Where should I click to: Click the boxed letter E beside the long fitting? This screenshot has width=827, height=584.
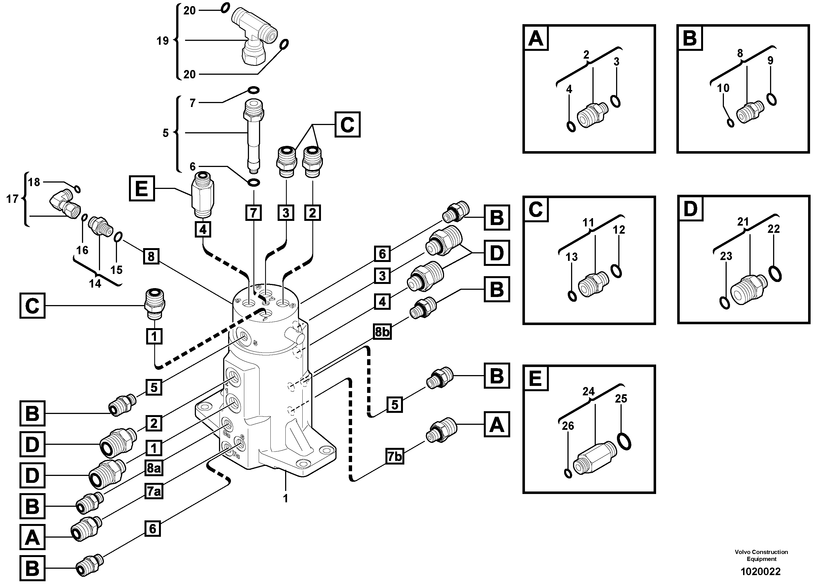click(141, 188)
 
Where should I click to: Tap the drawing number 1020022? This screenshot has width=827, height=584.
click(760, 571)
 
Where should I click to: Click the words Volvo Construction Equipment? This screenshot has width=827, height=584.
click(761, 555)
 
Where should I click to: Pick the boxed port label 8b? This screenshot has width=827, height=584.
click(382, 332)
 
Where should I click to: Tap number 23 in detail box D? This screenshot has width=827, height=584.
click(726, 256)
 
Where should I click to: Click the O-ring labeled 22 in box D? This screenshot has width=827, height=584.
click(775, 274)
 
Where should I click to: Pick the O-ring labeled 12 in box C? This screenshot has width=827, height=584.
click(616, 271)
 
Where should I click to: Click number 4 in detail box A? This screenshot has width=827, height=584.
click(569, 89)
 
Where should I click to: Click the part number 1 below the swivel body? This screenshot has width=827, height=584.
click(285, 499)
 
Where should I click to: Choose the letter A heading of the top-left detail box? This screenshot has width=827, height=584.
click(535, 38)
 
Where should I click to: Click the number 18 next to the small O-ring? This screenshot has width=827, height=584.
click(34, 182)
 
